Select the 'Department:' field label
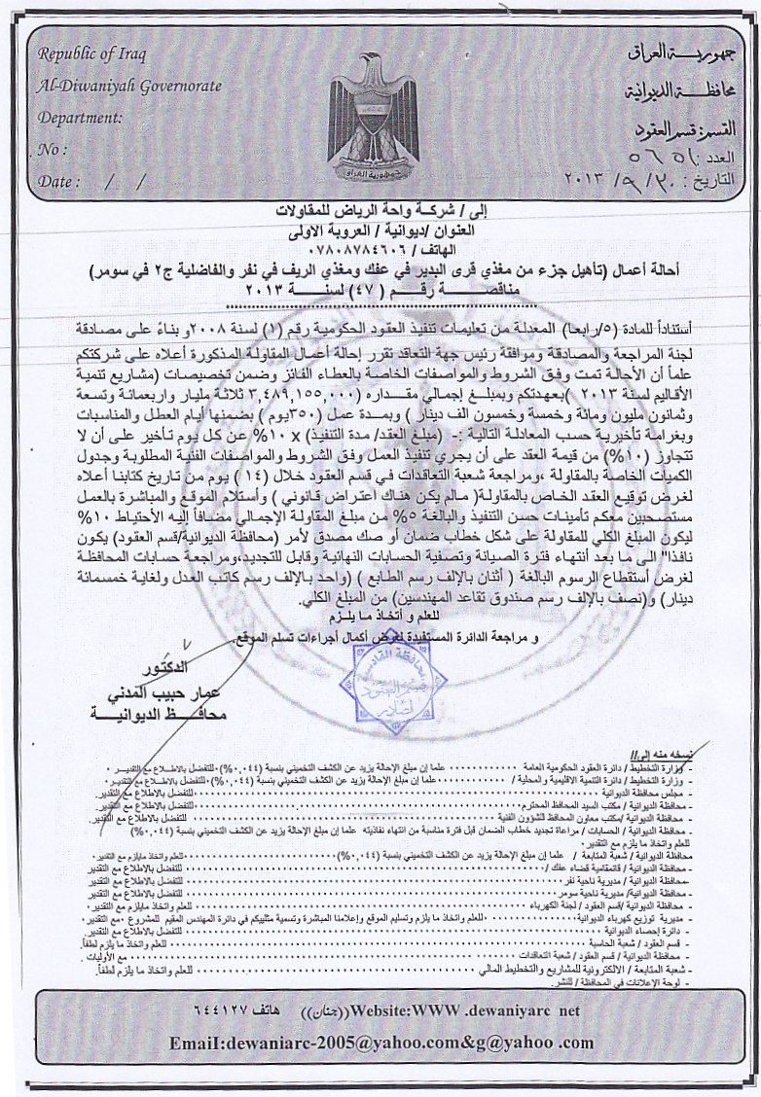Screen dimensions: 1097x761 click(x=80, y=118)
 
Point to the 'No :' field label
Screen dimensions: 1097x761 click(x=53, y=150)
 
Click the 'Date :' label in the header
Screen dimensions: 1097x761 click(x=59, y=181)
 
